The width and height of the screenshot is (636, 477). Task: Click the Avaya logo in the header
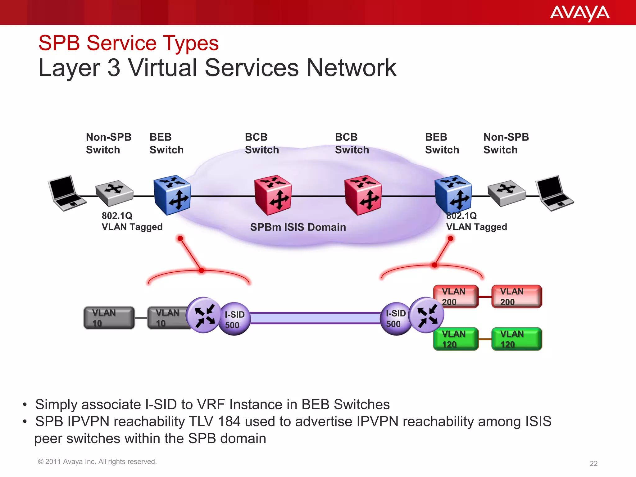pos(579,13)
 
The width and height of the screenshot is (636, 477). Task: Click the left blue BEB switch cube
pos(172,195)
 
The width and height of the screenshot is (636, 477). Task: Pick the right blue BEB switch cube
pos(453,195)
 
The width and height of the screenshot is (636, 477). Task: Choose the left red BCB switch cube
pos(273,195)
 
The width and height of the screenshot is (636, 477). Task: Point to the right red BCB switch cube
pos(363,195)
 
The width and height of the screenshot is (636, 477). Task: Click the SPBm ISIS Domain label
pos(298,227)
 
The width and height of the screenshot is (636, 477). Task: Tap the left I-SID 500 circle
pos(235,319)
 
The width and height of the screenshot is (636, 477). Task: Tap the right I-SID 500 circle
pos(395,319)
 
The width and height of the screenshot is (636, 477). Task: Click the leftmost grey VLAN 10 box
pos(109,318)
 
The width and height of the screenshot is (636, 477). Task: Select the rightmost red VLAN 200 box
pos(517,297)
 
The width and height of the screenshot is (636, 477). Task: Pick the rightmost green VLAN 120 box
pos(517,339)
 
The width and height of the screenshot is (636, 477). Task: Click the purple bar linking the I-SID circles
pos(315,318)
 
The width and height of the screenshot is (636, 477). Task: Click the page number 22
pos(593,464)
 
